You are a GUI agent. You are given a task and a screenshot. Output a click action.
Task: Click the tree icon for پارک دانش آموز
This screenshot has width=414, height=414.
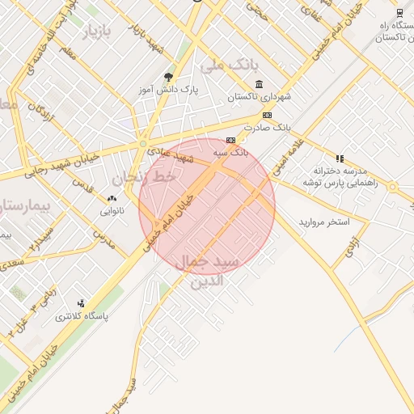(x=168, y=77)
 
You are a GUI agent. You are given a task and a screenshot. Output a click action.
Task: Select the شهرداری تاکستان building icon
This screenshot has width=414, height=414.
(x=258, y=85)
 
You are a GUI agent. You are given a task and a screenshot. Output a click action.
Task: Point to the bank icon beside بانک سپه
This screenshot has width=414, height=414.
(x=231, y=139)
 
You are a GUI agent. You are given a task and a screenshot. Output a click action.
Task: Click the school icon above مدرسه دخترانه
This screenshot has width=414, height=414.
(x=340, y=158)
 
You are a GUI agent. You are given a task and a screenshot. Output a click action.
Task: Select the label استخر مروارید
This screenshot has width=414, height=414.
(x=323, y=221)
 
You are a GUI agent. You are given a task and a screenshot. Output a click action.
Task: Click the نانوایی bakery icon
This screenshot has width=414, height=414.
(x=112, y=199)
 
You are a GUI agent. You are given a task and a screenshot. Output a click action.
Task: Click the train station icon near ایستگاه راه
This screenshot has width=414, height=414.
(x=399, y=12)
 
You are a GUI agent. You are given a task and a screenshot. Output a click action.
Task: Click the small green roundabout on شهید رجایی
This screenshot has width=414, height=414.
(x=142, y=144)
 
